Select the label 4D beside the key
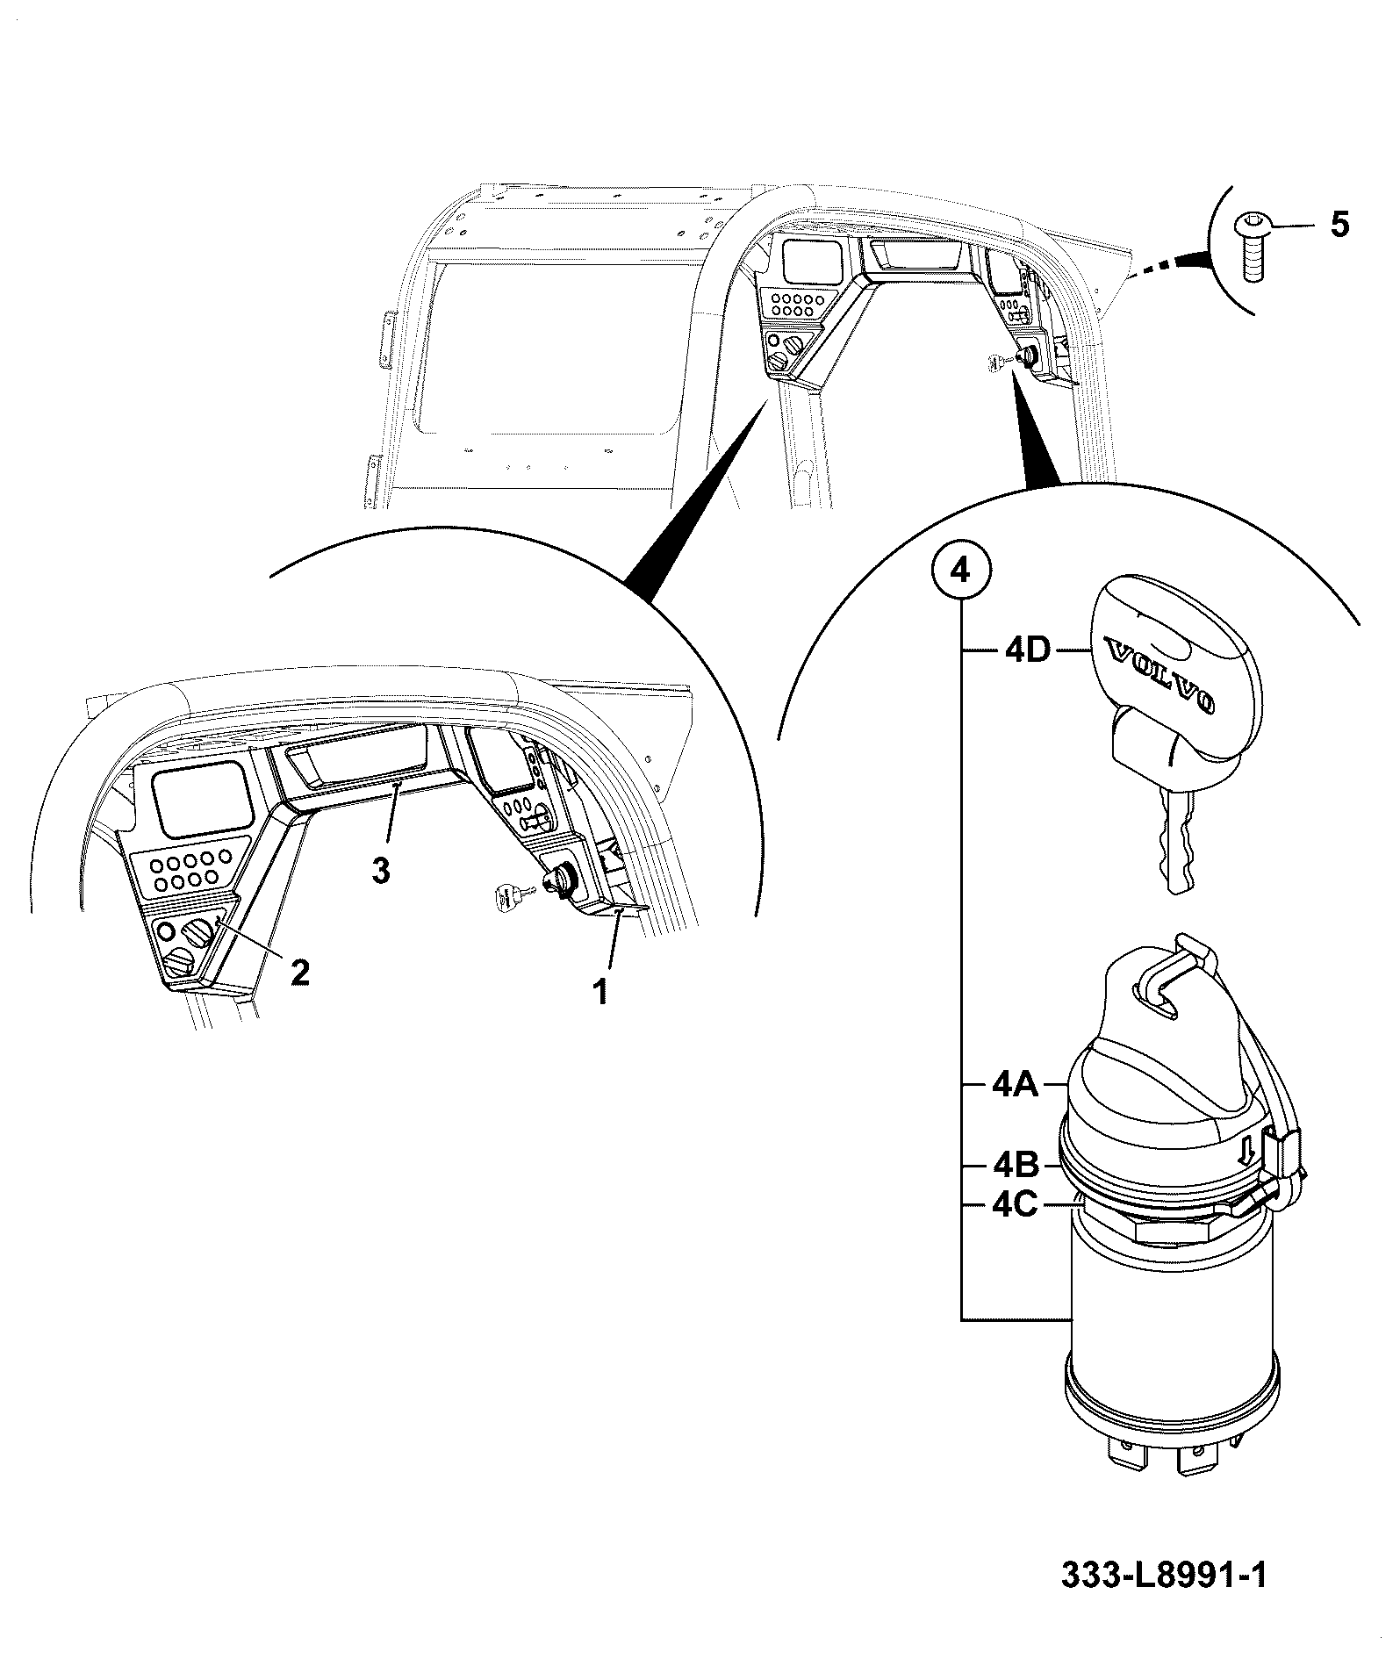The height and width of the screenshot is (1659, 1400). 1026,653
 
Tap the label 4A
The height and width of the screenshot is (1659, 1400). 1015,1085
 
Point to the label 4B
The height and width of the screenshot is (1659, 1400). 1015,1165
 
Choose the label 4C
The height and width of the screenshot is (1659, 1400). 1015,1205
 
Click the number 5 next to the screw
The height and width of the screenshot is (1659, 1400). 1339,226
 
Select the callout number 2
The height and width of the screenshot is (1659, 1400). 300,971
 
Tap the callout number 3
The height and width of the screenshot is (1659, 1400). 380,871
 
